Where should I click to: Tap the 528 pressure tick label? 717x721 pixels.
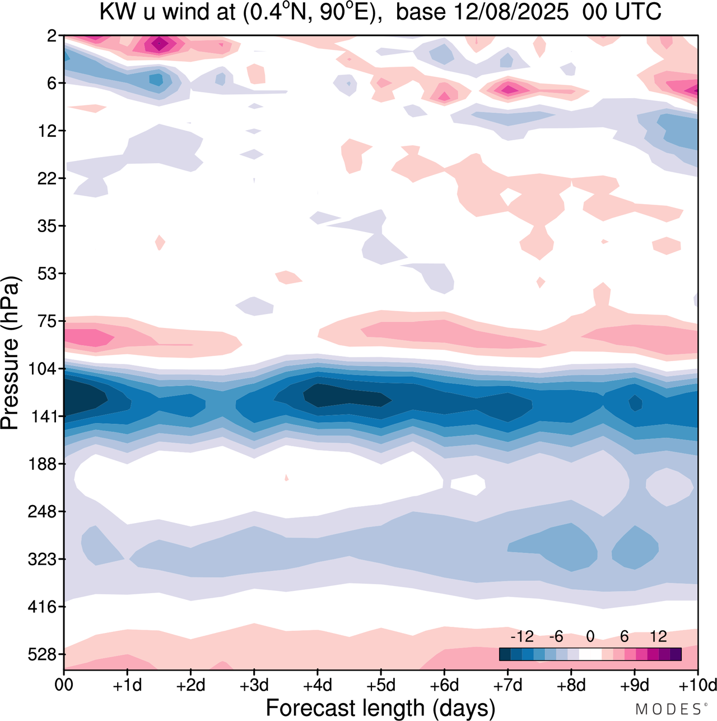pyautogui.click(x=42, y=654)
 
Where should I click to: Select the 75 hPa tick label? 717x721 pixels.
pyautogui.click(x=46, y=321)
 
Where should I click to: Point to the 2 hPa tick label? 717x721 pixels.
pyautogui.click(x=52, y=36)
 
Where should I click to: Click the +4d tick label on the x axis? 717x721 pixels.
pyautogui.click(x=317, y=685)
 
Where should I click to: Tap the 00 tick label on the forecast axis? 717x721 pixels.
pyautogui.click(x=64, y=685)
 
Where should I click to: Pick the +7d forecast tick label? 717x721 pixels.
pyautogui.click(x=508, y=685)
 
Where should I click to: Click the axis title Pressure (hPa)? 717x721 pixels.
pyautogui.click(x=10, y=353)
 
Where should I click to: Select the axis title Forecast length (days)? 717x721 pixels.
pyautogui.click(x=380, y=708)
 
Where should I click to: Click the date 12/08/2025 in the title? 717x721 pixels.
pyautogui.click(x=511, y=11)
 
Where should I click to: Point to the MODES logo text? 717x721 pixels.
pyautogui.click(x=670, y=709)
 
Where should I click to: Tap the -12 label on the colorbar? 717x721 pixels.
pyautogui.click(x=522, y=636)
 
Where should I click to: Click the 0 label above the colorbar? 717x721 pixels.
pyautogui.click(x=590, y=636)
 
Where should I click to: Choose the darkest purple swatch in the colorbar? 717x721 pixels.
pyautogui.click(x=676, y=654)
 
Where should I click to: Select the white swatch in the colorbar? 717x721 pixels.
pyautogui.click(x=590, y=654)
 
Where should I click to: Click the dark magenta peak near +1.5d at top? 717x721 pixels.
pyautogui.click(x=160, y=43)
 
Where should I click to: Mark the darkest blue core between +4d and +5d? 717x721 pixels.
pyautogui.click(x=342, y=395)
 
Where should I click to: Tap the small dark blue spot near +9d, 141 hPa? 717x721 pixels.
pyautogui.click(x=635, y=403)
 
